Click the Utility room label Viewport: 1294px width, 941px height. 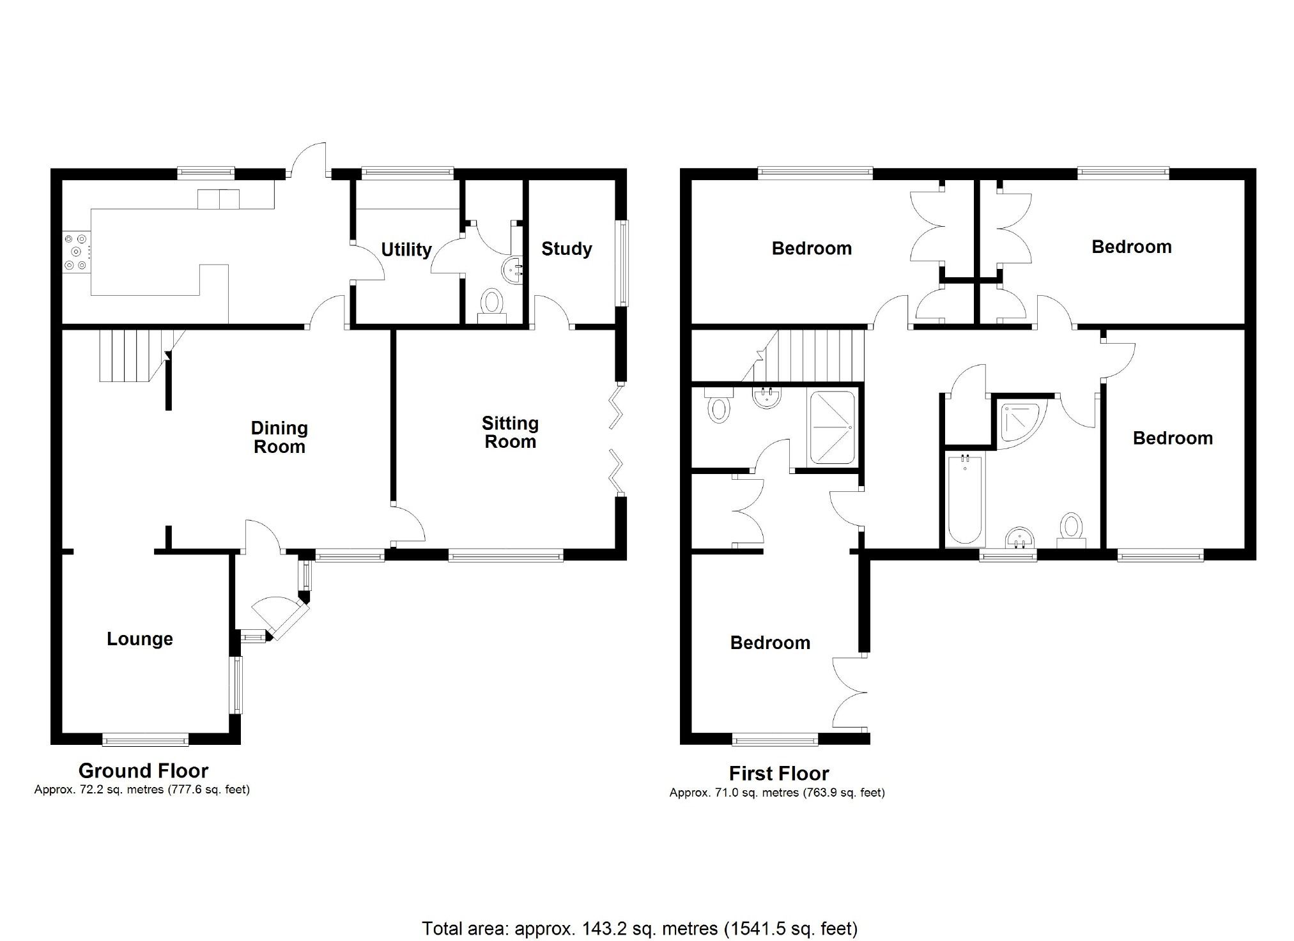pos(406,249)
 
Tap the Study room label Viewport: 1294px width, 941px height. pos(566,249)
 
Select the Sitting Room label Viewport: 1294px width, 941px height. pos(510,432)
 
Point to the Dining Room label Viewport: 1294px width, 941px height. pos(279,437)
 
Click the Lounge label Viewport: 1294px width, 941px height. pos(139,639)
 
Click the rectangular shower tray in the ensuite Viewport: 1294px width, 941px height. pos(832,427)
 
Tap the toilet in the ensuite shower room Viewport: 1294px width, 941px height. pos(718,407)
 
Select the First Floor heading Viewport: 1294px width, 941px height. pos(778,773)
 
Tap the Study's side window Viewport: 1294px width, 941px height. pos(621,263)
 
